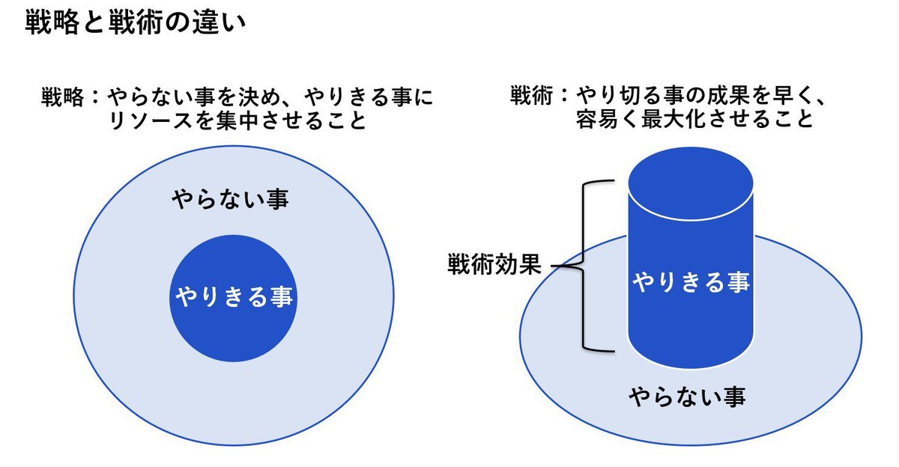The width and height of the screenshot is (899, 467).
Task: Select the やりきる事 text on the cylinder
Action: tap(690, 282)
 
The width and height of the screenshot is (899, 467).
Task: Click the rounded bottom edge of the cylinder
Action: tap(689, 366)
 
